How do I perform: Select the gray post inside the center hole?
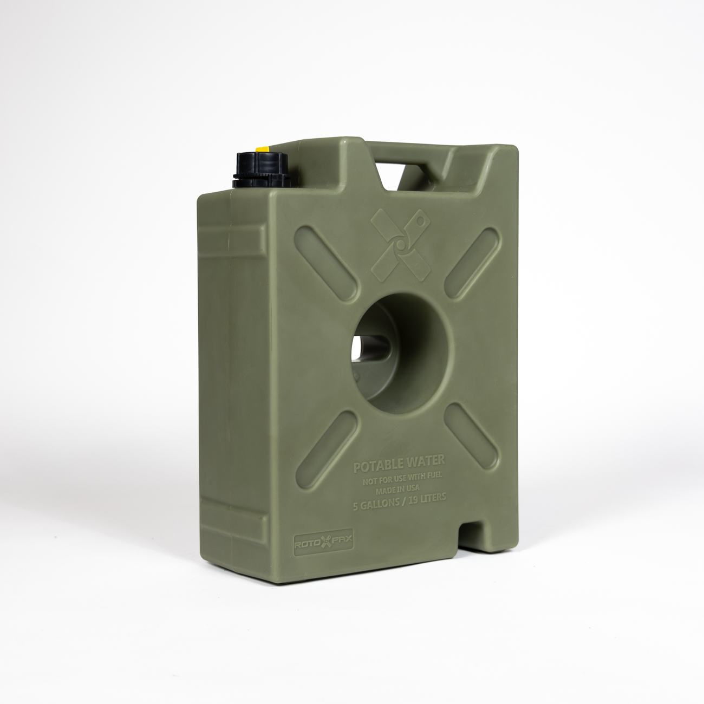(x=374, y=347)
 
